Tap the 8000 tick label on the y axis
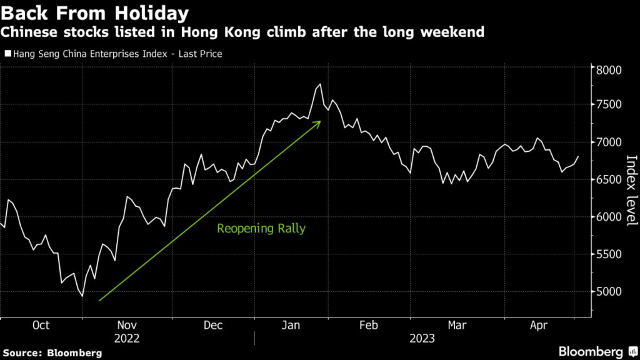(x=608, y=69)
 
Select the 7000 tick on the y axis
(x=608, y=142)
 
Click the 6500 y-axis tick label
(x=608, y=179)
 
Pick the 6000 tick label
(x=608, y=217)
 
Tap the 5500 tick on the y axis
(x=608, y=254)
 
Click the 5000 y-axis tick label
(x=608, y=292)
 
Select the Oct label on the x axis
(x=41, y=325)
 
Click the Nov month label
(x=127, y=325)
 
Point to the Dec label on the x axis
(x=213, y=325)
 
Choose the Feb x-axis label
(x=369, y=325)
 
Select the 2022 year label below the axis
(x=127, y=338)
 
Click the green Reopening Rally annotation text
(x=261, y=229)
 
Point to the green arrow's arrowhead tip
(x=320, y=121)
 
